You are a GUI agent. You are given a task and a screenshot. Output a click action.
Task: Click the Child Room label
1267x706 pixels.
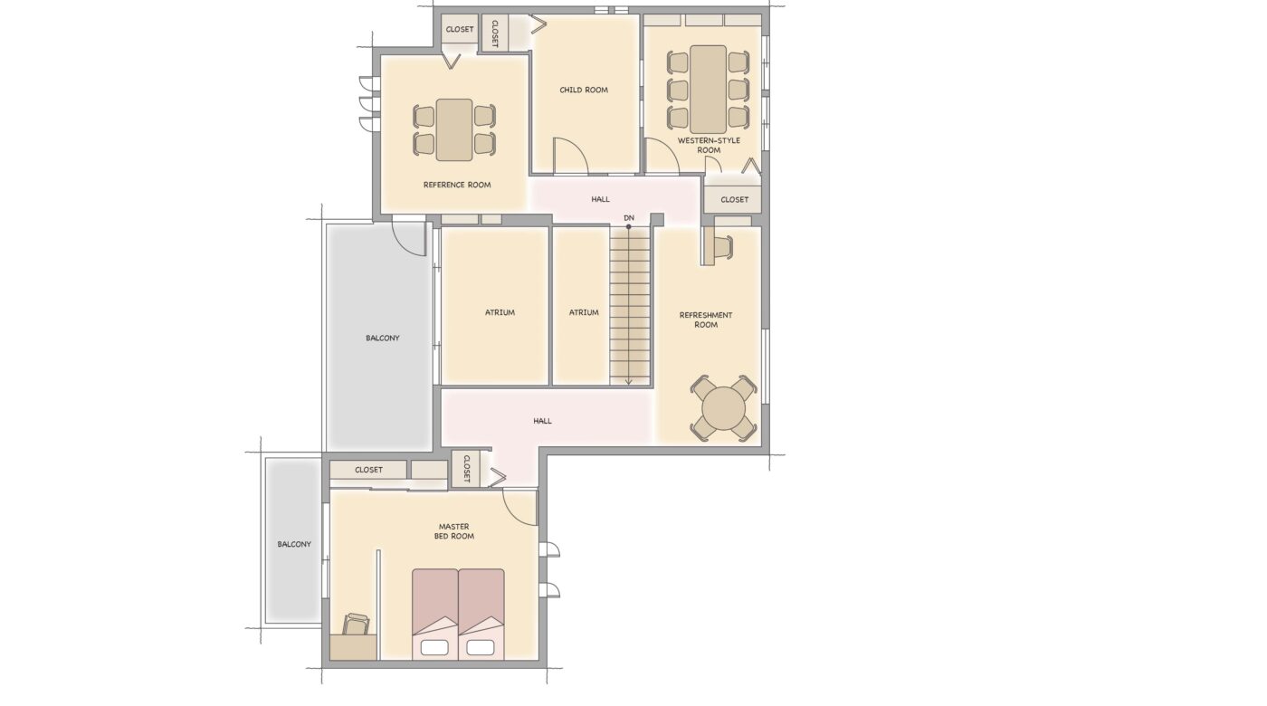pos(584,90)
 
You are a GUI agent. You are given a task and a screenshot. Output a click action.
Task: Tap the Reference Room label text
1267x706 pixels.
pos(457,185)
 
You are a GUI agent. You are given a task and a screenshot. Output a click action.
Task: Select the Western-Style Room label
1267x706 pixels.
pos(709,146)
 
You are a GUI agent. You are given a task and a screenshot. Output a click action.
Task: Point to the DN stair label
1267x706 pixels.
pos(628,218)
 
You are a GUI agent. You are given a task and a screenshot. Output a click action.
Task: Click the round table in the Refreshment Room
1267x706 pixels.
pos(723,407)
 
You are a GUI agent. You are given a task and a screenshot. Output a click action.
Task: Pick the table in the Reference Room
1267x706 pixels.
pos(454,130)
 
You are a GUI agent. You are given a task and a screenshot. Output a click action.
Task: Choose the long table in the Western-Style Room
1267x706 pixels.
pos(708,90)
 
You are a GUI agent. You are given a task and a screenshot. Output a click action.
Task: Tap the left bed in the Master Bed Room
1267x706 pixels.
pos(434,615)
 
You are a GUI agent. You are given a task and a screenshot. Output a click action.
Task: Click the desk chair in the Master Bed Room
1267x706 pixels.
pos(357,625)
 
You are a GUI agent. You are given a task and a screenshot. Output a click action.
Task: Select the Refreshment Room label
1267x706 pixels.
pos(706,320)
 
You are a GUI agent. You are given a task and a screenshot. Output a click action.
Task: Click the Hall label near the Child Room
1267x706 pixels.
pos(600,199)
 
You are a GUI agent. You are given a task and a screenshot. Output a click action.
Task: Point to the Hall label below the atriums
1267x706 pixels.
pos(542,421)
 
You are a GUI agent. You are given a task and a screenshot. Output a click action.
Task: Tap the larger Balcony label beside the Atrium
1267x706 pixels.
pos(382,339)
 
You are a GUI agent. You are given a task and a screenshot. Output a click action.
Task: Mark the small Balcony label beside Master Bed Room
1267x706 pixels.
pos(294,544)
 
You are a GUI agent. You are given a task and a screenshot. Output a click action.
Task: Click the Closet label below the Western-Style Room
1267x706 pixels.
pos(734,200)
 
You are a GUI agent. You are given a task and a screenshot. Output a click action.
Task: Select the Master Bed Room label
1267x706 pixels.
pos(453,532)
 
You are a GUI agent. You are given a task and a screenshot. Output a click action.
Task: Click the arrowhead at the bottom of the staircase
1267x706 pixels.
pos(628,382)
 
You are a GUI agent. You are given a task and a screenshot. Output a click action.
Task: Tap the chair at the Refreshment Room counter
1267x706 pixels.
pos(723,246)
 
